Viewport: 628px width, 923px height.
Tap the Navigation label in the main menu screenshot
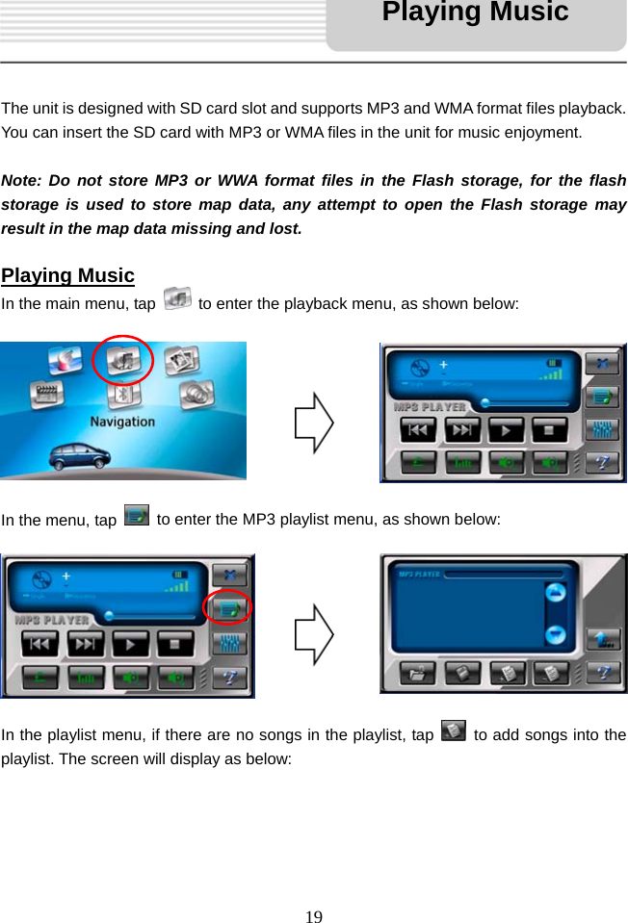click(x=122, y=422)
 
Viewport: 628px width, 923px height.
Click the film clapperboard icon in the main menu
click(x=44, y=394)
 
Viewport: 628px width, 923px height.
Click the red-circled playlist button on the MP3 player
click(x=229, y=607)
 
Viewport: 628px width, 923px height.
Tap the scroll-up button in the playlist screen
click(x=555, y=593)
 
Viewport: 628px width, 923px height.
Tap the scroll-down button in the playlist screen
click(x=555, y=634)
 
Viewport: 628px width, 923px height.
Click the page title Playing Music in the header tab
click(x=475, y=13)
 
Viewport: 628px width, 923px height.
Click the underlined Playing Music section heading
click(x=67, y=275)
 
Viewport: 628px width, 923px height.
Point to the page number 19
click(x=314, y=915)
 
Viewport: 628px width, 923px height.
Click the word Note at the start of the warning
click(x=21, y=180)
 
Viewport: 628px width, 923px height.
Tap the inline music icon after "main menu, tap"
click(x=177, y=300)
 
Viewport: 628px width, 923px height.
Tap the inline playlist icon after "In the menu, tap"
click(x=137, y=516)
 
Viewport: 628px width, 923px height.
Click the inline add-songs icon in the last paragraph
click(x=452, y=732)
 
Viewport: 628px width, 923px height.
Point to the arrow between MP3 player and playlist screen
click(x=314, y=634)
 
